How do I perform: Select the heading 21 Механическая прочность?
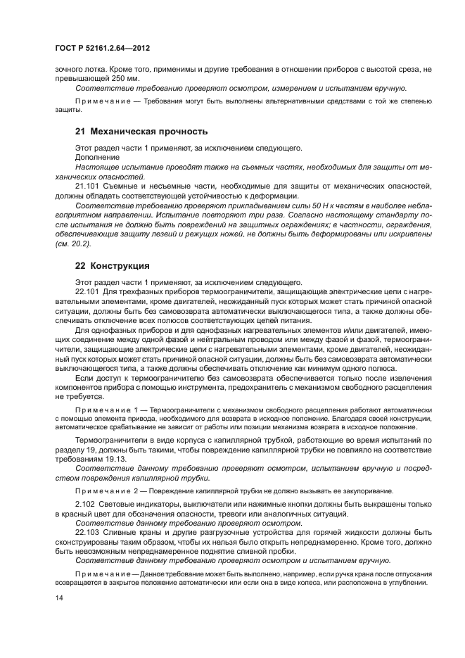141,131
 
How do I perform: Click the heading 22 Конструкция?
118,266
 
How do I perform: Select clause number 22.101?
87,291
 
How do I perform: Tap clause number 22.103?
87,532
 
